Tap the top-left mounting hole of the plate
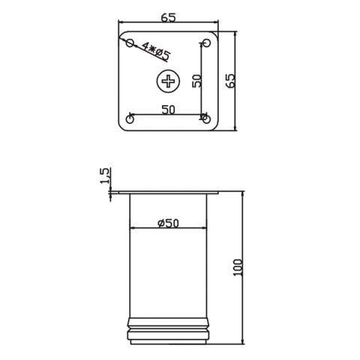point(130,43)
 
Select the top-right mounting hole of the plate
point(206,43)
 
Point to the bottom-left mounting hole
point(130,119)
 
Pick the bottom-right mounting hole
point(206,118)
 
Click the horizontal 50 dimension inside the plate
point(168,109)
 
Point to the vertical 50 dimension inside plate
point(196,80)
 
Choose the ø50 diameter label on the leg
point(168,223)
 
